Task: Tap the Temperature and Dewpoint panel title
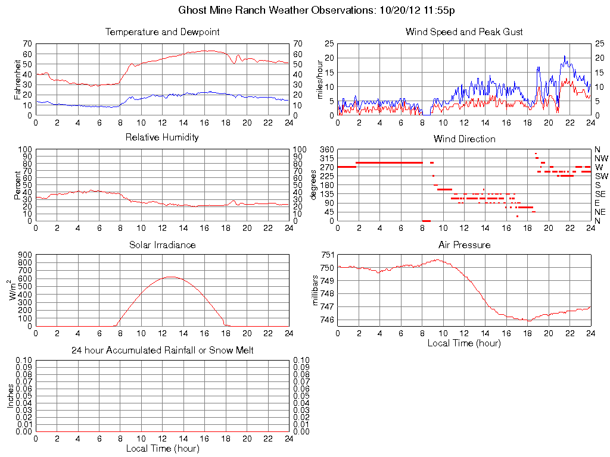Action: (x=162, y=32)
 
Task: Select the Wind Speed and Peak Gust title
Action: (x=464, y=32)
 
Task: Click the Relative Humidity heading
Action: (x=162, y=137)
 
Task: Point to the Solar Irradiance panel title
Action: (x=162, y=245)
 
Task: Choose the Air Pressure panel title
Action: (x=464, y=245)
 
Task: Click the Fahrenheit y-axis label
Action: (x=17, y=79)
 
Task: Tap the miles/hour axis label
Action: (x=319, y=79)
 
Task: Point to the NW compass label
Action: (x=601, y=158)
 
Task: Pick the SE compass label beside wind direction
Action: (x=600, y=194)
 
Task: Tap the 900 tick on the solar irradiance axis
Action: (x=24, y=255)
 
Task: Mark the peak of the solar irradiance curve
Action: (x=171, y=277)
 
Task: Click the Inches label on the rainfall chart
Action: (x=10, y=395)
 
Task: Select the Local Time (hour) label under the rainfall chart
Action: (x=162, y=448)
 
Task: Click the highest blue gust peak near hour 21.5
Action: (x=565, y=56)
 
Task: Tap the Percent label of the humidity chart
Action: (x=17, y=185)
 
